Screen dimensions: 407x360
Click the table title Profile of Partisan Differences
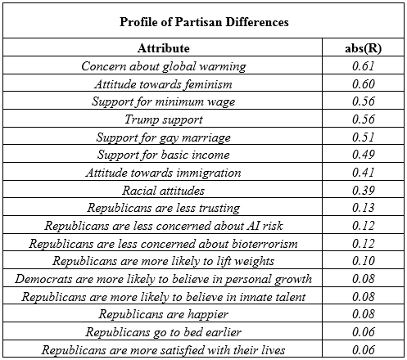pos(204,22)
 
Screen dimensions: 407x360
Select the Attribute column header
pos(163,48)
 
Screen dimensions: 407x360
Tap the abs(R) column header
pos(363,48)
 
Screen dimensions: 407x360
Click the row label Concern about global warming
pos(164,66)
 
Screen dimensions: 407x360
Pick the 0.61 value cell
pos(363,66)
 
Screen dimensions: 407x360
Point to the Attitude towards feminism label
pos(163,84)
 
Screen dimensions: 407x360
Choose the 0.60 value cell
pos(363,84)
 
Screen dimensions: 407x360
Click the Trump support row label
pos(164,119)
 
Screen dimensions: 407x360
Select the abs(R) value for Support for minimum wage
pos(363,101)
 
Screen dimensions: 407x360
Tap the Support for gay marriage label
pos(163,137)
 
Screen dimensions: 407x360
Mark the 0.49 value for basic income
pos(363,155)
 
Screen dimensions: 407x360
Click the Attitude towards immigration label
pos(163,173)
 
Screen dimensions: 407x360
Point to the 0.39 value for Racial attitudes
pos(363,191)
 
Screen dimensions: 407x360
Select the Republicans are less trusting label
pos(164,208)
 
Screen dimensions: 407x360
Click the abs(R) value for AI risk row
pos(363,226)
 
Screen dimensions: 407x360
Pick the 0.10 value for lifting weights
pos(363,261)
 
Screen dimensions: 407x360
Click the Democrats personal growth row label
pos(163,279)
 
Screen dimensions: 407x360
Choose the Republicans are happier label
pos(163,314)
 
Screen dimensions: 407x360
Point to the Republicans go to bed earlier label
pos(163,332)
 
